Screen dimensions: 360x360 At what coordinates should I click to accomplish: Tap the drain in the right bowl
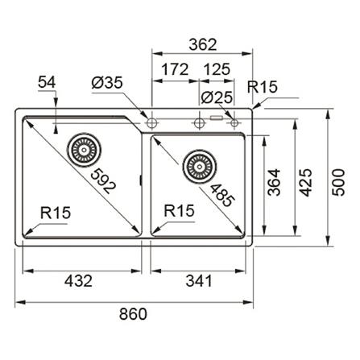coord(197,166)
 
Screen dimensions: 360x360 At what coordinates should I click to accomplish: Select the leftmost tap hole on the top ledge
coord(151,122)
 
